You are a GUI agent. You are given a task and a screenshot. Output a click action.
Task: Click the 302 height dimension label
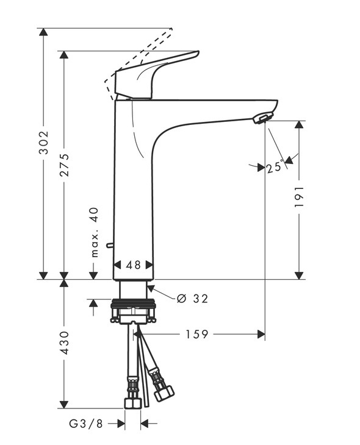click(x=44, y=143)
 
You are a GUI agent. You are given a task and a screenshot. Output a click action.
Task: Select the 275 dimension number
click(x=65, y=165)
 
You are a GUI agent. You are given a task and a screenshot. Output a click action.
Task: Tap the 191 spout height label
click(x=299, y=197)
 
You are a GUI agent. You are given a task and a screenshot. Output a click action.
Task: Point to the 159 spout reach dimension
click(x=197, y=334)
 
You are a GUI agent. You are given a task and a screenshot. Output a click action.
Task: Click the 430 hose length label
click(x=65, y=343)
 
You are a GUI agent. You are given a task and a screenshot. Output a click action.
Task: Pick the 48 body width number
click(x=133, y=265)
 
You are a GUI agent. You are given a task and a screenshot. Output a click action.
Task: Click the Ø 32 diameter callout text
click(x=192, y=298)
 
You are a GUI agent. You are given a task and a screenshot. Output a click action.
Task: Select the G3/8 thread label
click(x=86, y=424)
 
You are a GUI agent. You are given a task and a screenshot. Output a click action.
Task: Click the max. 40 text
click(x=95, y=232)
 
